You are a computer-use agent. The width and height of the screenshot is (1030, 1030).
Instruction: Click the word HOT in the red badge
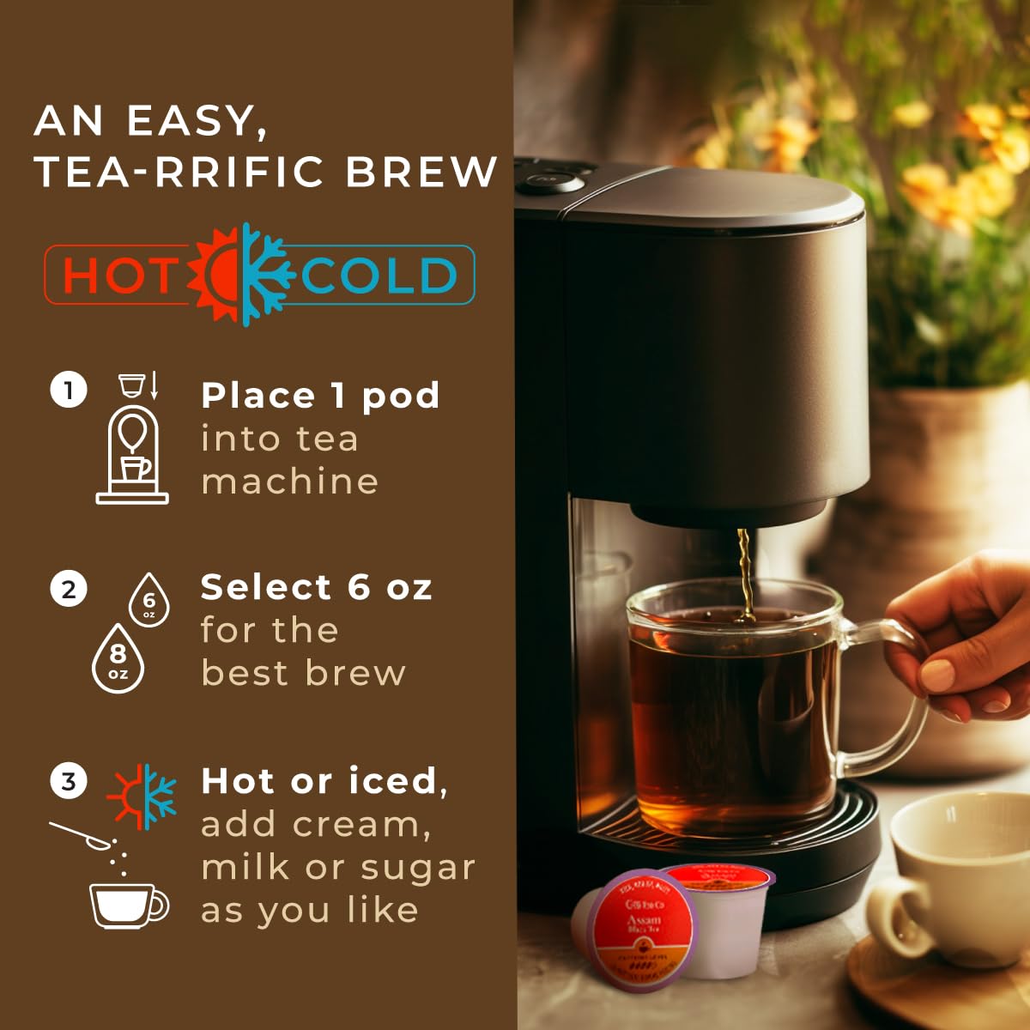click(x=118, y=276)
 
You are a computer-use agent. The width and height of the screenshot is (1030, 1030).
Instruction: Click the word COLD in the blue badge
click(x=379, y=276)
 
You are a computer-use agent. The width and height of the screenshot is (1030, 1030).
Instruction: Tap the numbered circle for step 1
click(x=69, y=391)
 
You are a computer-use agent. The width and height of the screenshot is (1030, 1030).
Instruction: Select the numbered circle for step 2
click(x=69, y=590)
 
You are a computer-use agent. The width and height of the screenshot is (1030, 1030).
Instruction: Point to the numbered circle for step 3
click(x=69, y=782)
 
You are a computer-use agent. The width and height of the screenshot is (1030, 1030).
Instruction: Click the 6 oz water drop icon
click(x=149, y=600)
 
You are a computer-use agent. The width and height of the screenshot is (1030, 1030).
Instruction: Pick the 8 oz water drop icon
click(x=118, y=658)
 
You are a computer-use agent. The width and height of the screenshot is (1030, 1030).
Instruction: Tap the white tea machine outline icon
click(x=131, y=451)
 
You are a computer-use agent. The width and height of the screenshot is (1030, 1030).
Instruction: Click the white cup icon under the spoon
click(x=127, y=905)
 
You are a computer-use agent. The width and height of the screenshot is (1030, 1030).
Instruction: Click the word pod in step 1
click(x=400, y=396)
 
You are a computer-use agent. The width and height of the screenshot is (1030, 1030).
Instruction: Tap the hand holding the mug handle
click(x=961, y=635)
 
